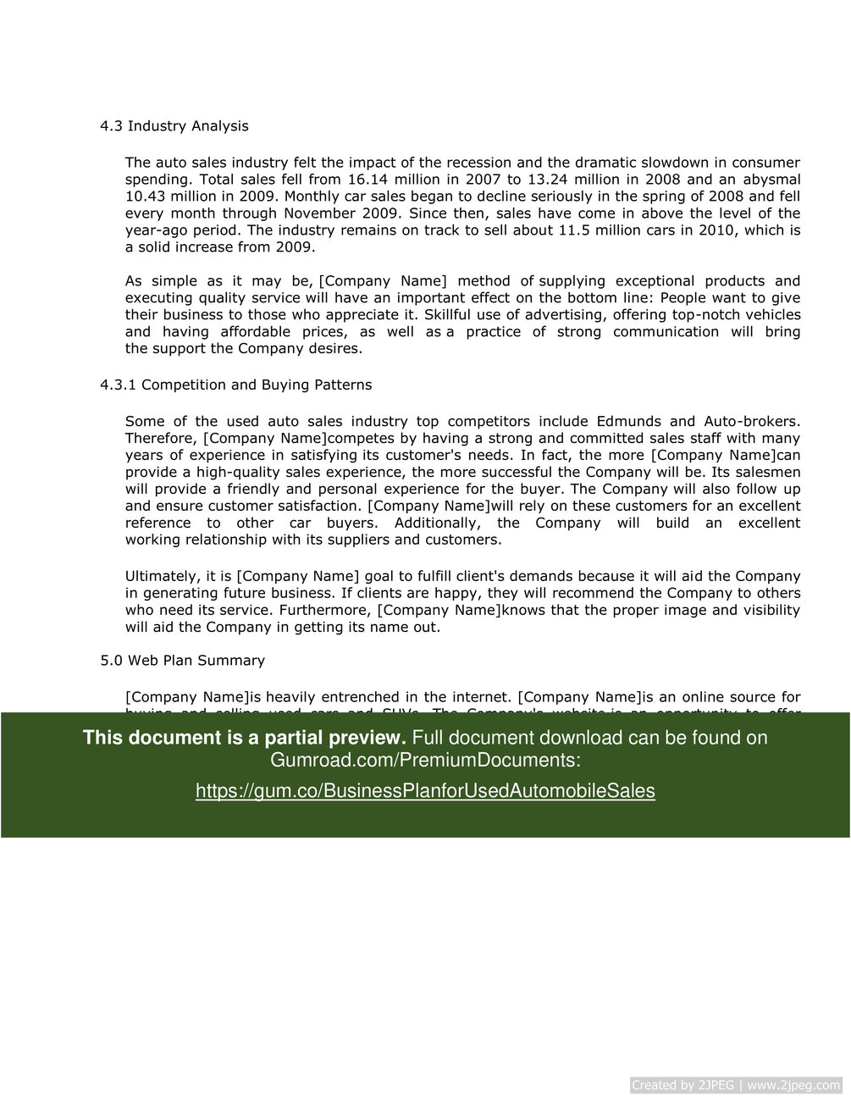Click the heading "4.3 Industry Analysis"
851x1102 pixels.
pos(174,126)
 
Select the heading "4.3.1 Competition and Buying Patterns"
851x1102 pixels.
pos(235,385)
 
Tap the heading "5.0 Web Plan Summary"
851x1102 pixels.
pos(182,661)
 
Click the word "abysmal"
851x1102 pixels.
pos(771,180)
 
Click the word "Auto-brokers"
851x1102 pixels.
pos(752,422)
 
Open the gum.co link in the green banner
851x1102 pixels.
pos(425,791)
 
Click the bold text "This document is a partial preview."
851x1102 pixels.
pos(244,738)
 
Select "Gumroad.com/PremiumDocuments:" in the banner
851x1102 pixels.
pos(425,761)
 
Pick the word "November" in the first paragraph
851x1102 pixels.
pos(319,213)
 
